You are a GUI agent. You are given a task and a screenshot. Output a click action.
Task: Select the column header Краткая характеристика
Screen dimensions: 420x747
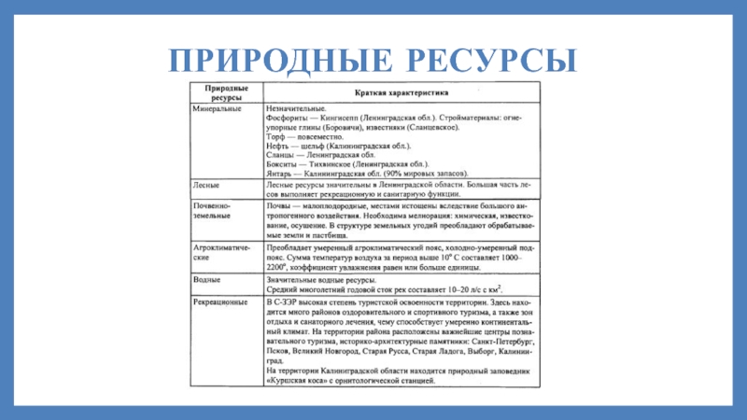(x=401, y=92)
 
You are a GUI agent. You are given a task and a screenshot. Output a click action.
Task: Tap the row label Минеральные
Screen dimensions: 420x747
(x=215, y=109)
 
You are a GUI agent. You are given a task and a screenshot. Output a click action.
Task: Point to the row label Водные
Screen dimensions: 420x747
(x=207, y=279)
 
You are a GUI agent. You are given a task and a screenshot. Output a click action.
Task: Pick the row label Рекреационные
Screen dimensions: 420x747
(x=219, y=302)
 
